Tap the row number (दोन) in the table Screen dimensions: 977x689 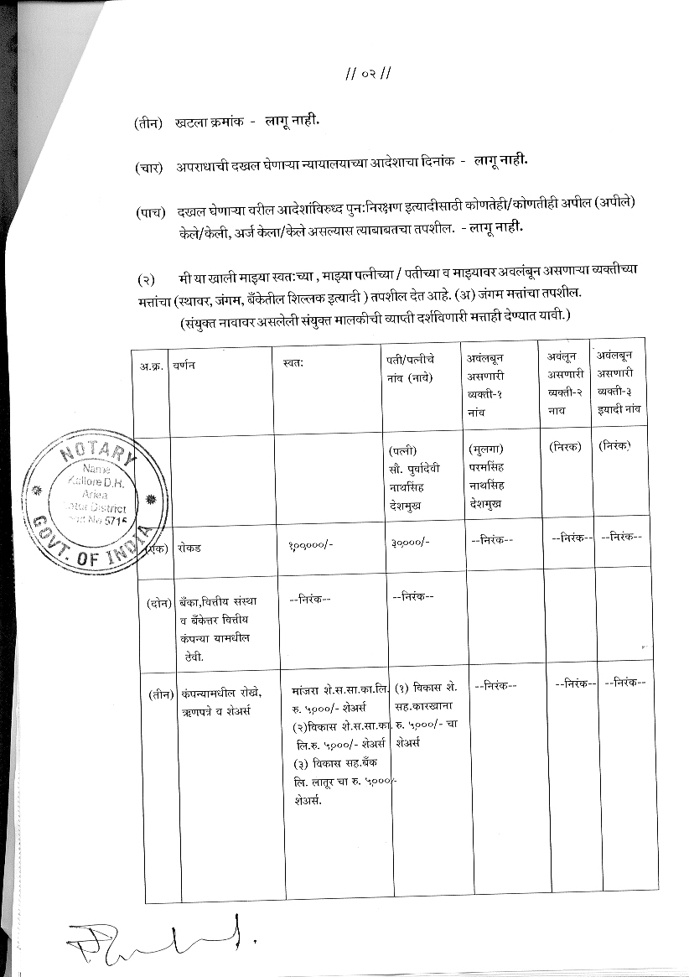pos(158,601)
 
